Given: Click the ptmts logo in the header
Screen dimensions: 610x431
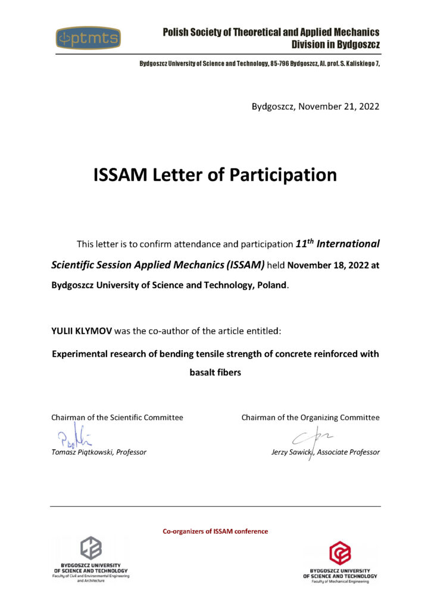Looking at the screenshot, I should (89, 39).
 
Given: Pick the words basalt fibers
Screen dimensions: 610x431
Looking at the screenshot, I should (215, 374).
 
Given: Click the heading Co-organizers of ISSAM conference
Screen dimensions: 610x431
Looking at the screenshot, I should (215, 531).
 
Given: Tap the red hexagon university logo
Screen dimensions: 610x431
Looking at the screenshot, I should (340, 553).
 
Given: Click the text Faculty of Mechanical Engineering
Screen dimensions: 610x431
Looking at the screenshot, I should (340, 581).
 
